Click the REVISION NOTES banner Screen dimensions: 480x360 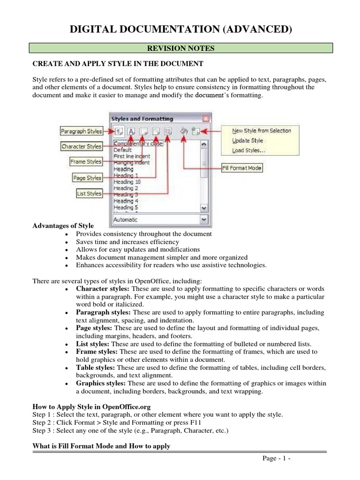pos(181,48)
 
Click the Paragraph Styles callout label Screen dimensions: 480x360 pos(82,131)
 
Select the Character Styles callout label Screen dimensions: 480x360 pos(82,146)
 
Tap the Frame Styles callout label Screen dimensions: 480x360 pos(86,162)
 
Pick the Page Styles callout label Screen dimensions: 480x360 pos(87,178)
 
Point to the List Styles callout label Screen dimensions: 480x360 pos(89,194)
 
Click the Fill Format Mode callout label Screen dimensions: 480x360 pos(242,168)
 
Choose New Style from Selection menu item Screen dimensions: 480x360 pos(262,131)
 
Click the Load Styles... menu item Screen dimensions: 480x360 pos(248,150)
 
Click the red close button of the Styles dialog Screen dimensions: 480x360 pos(205,119)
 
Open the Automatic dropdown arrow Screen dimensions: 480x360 pos(203,219)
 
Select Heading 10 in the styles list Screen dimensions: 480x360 pos(127,181)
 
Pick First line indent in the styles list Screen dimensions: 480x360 pos(132,156)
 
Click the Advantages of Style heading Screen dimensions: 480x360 pos(63,226)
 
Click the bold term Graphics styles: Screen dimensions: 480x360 pos(101,383)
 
